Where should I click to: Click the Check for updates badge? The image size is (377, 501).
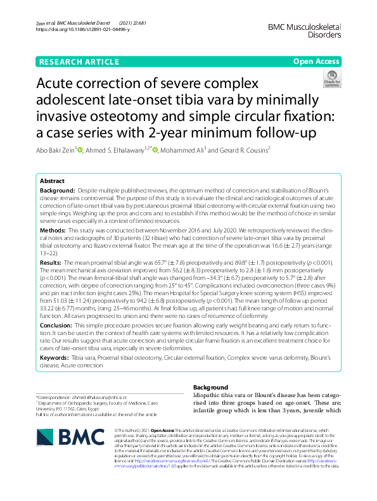tap(331, 79)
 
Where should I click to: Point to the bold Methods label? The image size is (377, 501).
tap(53, 231)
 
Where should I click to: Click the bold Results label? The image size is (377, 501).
tap(51, 261)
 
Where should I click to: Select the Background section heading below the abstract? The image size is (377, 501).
tap(210, 388)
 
